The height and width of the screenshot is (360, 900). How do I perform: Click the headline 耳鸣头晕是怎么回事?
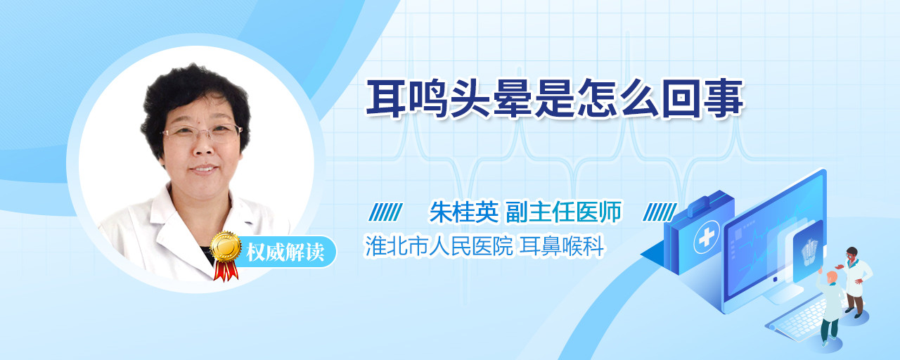click(555, 98)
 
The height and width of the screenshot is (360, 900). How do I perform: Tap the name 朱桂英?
click(464, 212)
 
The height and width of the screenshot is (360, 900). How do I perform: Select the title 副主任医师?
click(563, 212)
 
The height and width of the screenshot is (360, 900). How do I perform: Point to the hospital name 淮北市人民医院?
click(438, 246)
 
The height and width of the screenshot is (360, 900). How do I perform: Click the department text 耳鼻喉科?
click(562, 246)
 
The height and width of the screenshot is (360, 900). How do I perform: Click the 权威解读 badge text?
click(285, 252)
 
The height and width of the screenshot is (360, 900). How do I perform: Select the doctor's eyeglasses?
click(202, 132)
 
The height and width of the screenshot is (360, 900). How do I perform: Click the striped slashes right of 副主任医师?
click(660, 212)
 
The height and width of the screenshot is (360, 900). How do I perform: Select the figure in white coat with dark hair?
click(855, 281)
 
